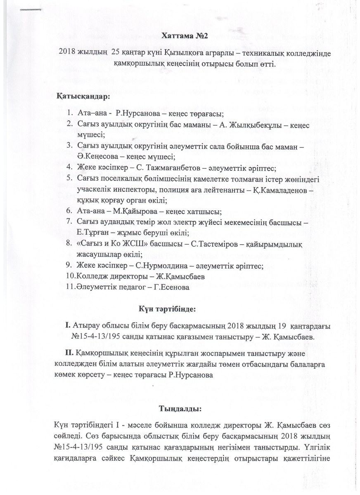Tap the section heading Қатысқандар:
(83, 97)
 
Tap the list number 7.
(69, 223)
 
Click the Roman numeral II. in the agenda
(68, 353)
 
